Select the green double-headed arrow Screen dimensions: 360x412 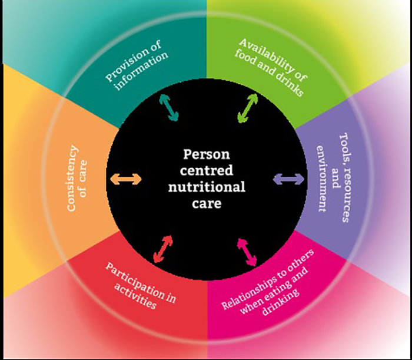point(247,108)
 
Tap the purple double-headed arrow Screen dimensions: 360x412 point(288,179)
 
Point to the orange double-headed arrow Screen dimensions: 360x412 point(126,179)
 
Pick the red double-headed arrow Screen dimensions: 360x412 point(163,249)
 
